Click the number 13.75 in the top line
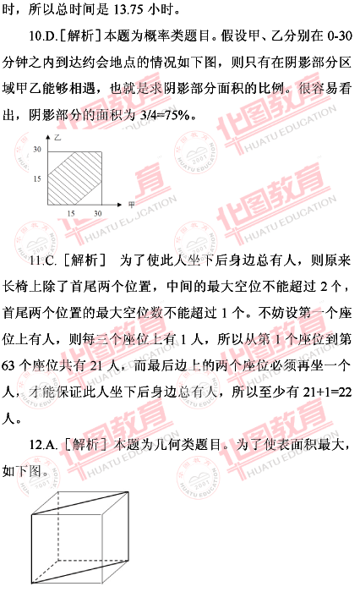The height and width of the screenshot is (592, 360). tap(128, 10)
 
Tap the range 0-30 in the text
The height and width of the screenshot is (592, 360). tap(340, 36)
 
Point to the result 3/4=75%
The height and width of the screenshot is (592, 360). tap(164, 115)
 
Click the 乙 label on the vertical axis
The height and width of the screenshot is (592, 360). tap(57, 137)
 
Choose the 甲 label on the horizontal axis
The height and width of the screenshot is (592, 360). tap(131, 205)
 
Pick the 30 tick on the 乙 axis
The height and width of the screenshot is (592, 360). tap(37, 150)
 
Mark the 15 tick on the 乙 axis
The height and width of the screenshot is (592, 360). tap(37, 178)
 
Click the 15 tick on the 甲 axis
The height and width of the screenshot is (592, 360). tap(71, 213)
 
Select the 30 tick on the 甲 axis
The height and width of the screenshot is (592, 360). tap(98, 213)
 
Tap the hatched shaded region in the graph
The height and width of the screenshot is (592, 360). tap(75, 178)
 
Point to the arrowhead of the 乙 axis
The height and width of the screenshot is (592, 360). tap(48, 137)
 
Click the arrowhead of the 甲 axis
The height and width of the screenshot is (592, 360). tap(120, 205)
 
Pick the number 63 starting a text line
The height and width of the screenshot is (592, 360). tap(8, 365)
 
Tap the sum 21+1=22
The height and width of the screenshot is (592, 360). tap(328, 392)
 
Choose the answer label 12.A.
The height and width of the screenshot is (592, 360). tap(43, 445)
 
